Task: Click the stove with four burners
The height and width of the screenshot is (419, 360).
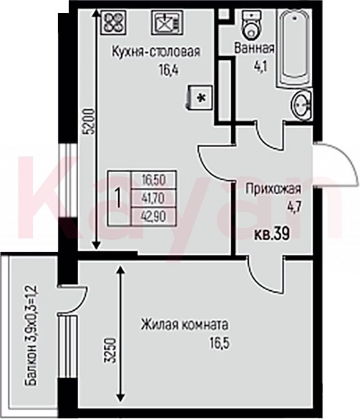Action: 113,23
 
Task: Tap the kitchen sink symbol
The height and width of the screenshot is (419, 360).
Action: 167,23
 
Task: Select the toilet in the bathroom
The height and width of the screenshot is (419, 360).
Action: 251,24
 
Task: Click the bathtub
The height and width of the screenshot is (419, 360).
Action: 294,48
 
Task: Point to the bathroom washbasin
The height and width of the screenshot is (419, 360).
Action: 302,105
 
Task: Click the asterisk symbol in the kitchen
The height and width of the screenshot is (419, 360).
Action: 201,98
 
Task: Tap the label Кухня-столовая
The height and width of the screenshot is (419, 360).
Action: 156,52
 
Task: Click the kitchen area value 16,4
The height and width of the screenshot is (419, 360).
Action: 168,71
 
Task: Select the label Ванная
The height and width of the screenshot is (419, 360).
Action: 254,49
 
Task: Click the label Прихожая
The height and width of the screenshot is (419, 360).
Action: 273,189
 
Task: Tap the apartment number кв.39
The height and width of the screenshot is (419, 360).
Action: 272,235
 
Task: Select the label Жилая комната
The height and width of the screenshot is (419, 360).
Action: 184,325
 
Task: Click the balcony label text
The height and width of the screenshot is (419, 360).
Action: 31,336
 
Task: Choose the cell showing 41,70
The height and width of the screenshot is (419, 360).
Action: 154,198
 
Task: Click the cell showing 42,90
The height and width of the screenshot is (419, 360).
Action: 154,216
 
